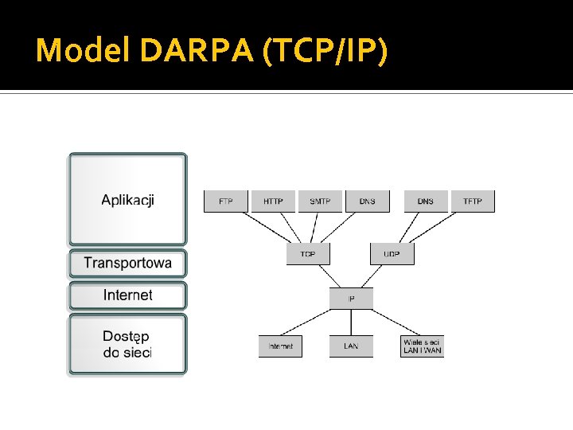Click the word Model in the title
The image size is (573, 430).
(x=83, y=51)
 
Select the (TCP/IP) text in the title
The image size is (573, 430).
(x=322, y=51)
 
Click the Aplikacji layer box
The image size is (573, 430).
(x=127, y=199)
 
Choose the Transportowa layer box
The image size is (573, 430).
(x=127, y=263)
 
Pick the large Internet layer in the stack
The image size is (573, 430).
(x=127, y=295)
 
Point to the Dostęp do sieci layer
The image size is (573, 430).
(x=127, y=344)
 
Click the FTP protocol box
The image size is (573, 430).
(x=226, y=201)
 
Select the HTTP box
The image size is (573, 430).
(x=273, y=201)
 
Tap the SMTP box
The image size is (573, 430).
(x=320, y=201)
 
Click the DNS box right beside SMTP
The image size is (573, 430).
(x=367, y=201)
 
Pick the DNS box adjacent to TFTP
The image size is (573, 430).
(x=426, y=201)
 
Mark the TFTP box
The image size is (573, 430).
(x=473, y=201)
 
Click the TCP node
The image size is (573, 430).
(x=308, y=254)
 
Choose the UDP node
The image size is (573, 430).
(x=392, y=254)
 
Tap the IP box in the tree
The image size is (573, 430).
(x=351, y=299)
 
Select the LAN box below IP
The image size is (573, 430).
(x=351, y=346)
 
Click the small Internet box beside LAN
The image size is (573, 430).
(x=280, y=346)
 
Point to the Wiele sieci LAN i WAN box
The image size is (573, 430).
(x=422, y=346)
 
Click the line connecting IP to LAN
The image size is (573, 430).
(x=351, y=322)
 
